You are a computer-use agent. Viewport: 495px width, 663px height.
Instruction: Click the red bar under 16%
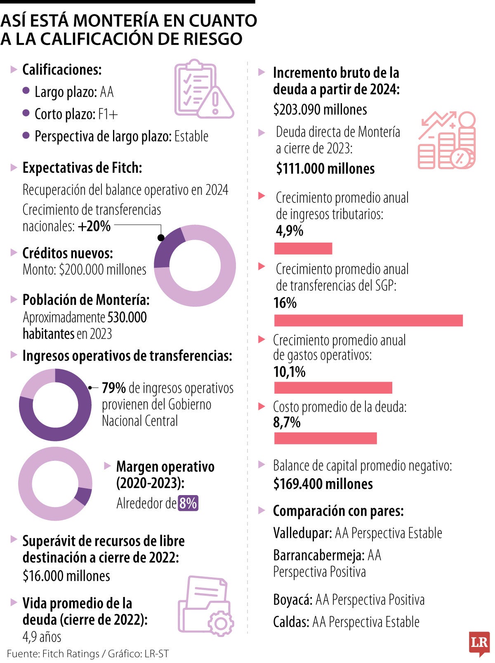click(368, 320)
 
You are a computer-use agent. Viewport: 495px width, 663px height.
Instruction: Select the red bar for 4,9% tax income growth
click(303, 248)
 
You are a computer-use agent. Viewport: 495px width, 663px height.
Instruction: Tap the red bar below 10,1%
click(333, 388)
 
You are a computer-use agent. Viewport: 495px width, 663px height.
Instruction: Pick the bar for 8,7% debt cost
click(325, 438)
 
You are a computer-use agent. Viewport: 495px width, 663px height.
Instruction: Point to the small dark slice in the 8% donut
click(84, 495)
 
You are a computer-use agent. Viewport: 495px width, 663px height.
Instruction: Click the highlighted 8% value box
click(188, 503)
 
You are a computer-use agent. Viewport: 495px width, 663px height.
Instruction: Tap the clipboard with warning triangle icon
click(202, 90)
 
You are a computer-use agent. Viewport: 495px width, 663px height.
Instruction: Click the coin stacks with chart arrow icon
click(448, 140)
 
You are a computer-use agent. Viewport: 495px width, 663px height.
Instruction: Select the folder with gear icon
click(205, 606)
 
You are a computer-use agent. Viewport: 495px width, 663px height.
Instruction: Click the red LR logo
click(479, 643)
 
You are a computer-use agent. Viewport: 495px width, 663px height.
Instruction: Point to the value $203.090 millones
click(320, 110)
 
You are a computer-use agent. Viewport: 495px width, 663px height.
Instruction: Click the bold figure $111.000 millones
click(325, 169)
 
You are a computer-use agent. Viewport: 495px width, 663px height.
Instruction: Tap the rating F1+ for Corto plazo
click(108, 114)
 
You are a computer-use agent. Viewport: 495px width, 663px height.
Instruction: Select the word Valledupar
click(302, 533)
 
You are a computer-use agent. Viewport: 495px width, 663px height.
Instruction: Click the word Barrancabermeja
click(318, 555)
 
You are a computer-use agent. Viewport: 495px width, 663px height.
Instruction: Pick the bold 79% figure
click(114, 388)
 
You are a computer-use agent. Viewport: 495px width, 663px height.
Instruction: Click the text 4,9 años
click(42, 637)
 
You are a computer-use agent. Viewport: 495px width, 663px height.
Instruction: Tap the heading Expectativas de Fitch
click(82, 168)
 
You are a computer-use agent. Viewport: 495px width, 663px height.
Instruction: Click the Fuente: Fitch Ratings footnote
click(53, 654)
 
